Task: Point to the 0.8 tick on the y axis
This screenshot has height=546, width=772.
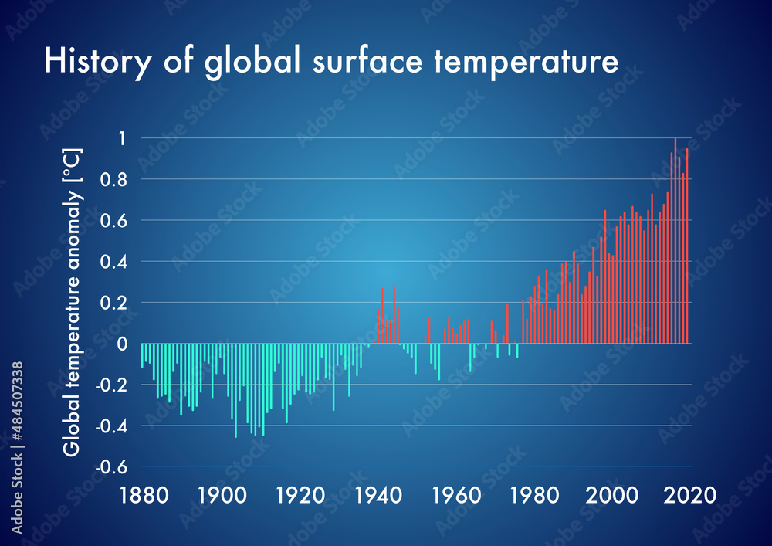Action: [114, 179]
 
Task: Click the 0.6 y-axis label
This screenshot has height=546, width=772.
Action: [114, 221]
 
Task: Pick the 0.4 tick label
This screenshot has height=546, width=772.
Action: [114, 262]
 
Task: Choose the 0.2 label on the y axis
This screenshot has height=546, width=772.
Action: [114, 303]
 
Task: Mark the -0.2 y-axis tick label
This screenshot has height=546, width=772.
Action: [112, 385]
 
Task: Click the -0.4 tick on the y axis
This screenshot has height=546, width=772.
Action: [112, 426]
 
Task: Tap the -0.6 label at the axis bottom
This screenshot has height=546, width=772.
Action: [112, 466]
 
